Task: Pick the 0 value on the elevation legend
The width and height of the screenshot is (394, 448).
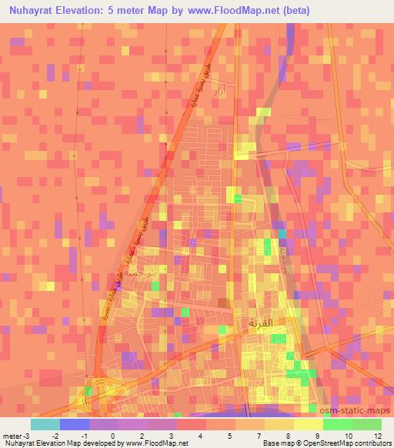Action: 114,435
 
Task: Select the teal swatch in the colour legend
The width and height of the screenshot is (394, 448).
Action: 45,424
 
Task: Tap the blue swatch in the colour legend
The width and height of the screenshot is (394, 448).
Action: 75,424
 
